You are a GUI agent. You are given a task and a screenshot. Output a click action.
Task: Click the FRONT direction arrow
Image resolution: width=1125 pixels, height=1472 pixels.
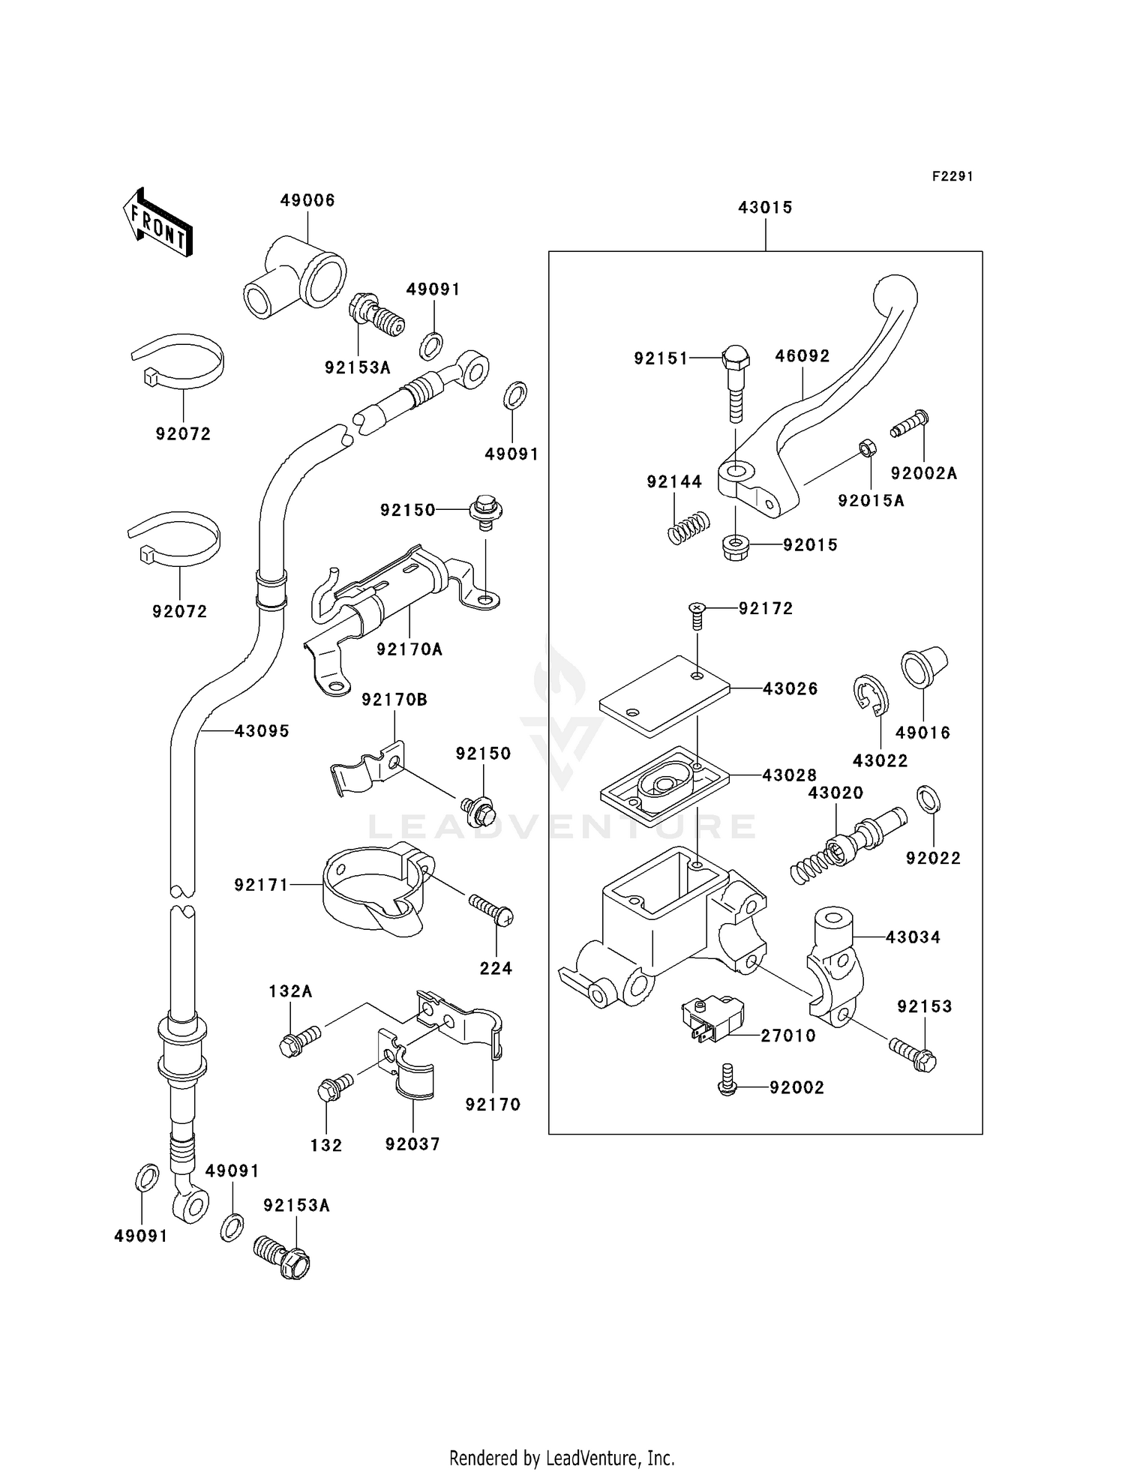[x=157, y=223]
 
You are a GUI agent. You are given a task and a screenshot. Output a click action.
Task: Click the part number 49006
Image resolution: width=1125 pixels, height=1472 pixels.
[x=307, y=200]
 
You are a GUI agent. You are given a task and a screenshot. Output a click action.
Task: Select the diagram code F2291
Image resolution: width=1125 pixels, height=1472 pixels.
[x=952, y=176]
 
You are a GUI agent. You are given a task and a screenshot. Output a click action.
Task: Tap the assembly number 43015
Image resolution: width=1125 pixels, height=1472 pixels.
[x=765, y=208]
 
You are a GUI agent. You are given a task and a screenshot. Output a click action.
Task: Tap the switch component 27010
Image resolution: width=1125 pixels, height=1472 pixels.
[x=712, y=1018]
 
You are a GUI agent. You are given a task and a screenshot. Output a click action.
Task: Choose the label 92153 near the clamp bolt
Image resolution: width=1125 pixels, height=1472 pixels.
[x=924, y=1007]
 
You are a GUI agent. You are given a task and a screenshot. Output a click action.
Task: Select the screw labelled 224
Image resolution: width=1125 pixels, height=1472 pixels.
[x=491, y=908]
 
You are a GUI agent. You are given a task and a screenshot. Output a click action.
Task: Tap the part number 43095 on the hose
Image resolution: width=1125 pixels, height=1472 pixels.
[x=261, y=731]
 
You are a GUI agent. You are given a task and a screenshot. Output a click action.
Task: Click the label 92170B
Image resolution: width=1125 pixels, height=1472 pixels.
[x=394, y=700]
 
